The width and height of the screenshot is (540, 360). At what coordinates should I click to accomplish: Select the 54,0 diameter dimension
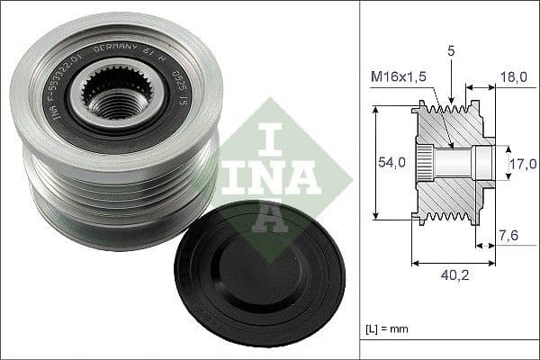[385, 162]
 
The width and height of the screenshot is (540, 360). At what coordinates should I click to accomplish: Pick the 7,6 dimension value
[509, 236]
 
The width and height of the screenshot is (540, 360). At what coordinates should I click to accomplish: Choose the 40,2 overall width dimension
[453, 278]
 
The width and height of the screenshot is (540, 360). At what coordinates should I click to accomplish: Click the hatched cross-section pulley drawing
[450, 162]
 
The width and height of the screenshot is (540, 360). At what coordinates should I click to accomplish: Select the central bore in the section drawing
[459, 163]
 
